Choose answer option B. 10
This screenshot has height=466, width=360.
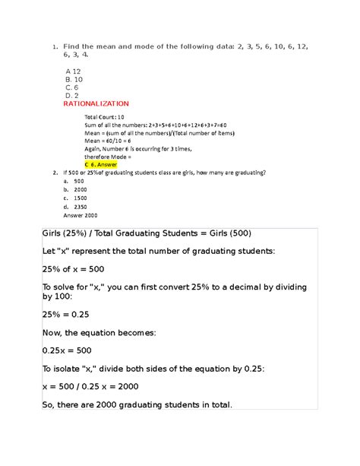pyautogui.click(x=74, y=78)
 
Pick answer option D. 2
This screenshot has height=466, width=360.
pyautogui.click(x=72, y=95)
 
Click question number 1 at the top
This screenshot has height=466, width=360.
pyautogui.click(x=55, y=48)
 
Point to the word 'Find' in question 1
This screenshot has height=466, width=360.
pyautogui.click(x=73, y=48)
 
